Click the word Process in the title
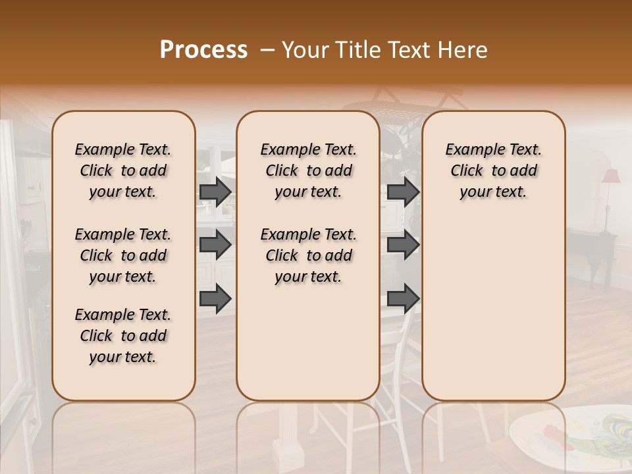pyautogui.click(x=203, y=50)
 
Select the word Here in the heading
pyautogui.click(x=463, y=50)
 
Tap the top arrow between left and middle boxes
pyautogui.click(x=215, y=192)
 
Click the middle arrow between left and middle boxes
pyautogui.click(x=215, y=245)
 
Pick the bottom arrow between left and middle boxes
pyautogui.click(x=215, y=298)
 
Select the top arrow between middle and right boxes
pyautogui.click(x=403, y=192)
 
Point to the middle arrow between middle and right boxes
pyautogui.click(x=403, y=245)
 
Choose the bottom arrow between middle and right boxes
pyautogui.click(x=403, y=298)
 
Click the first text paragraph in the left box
pyautogui.click(x=123, y=171)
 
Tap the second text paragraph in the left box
pyautogui.click(x=123, y=255)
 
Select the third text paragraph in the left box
pyautogui.click(x=123, y=336)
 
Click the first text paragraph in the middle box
pyautogui.click(x=308, y=171)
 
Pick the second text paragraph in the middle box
pyautogui.click(x=308, y=255)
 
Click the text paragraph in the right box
pyautogui.click(x=493, y=171)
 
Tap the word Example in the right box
pyautogui.click(x=473, y=149)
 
